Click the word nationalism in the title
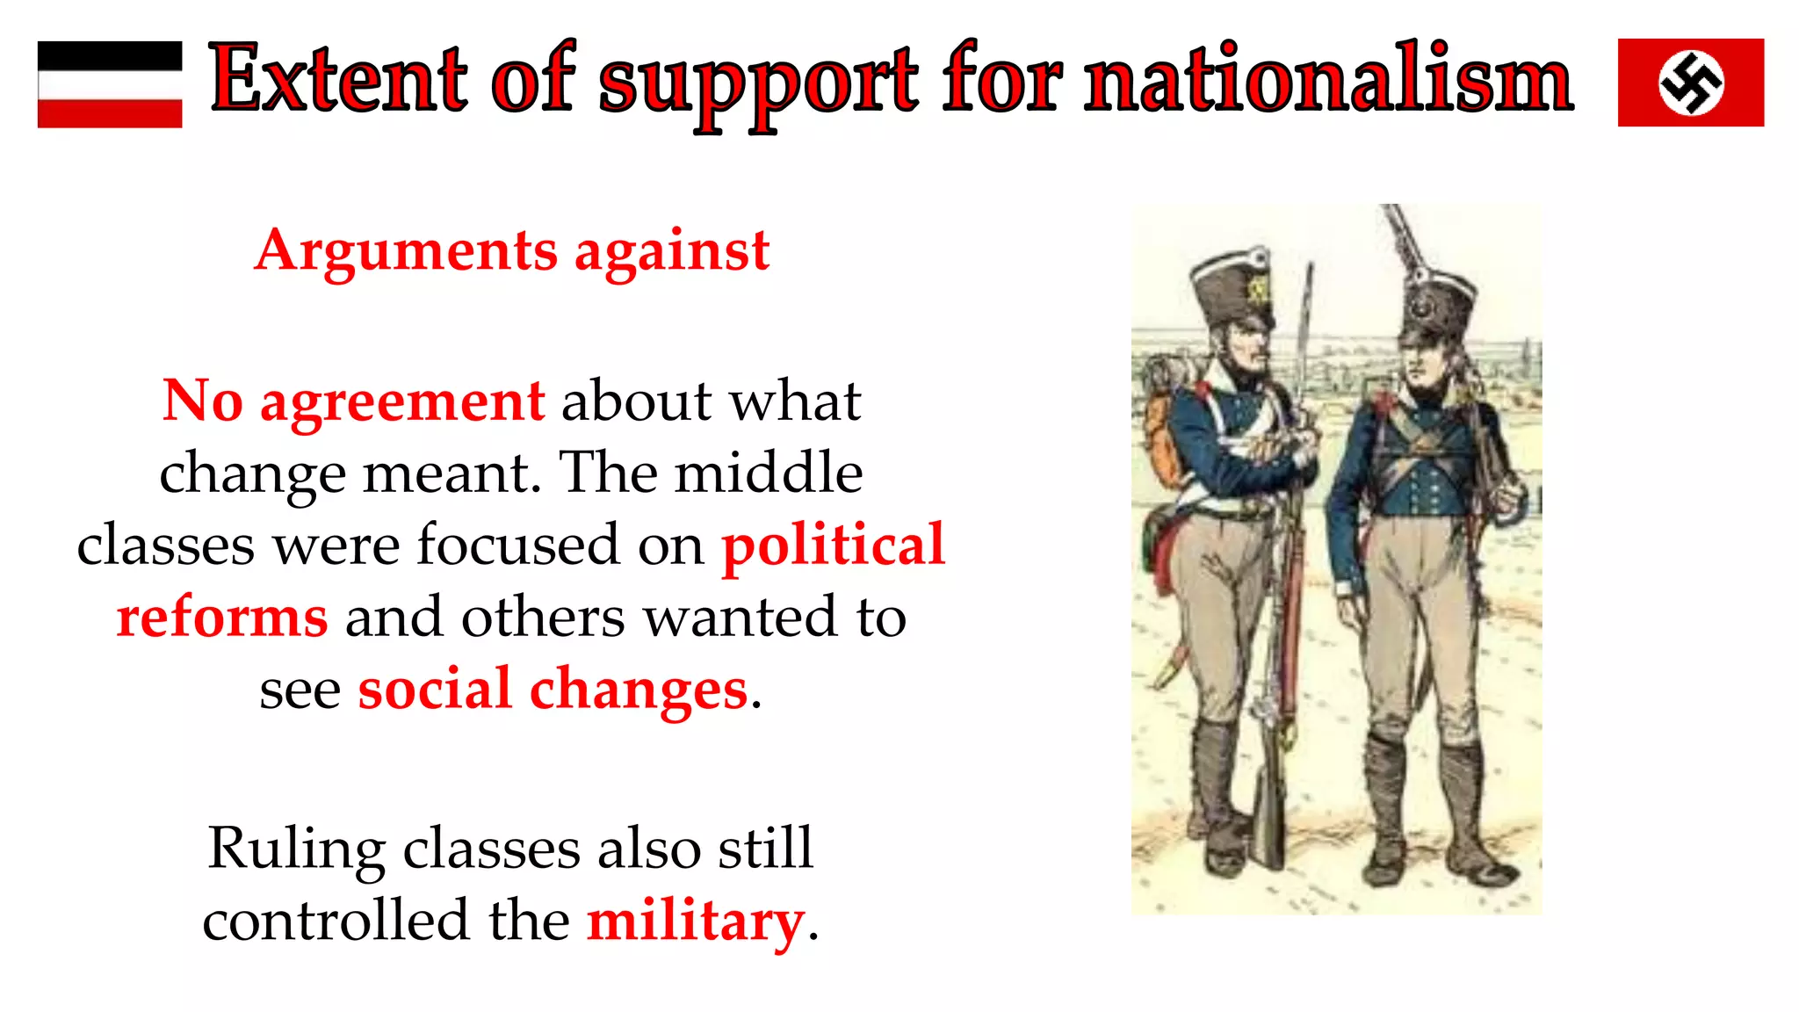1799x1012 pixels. coord(1328,81)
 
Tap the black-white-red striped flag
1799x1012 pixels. coord(110,84)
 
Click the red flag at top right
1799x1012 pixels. coord(1690,83)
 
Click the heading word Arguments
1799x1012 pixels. coord(406,251)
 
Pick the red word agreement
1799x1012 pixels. coord(402,401)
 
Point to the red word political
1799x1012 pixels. coord(833,546)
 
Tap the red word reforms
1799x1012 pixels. coord(222,618)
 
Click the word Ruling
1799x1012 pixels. coord(296,849)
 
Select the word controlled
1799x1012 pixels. coord(336,922)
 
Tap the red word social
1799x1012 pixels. coord(435,690)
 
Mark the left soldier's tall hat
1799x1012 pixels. coord(1232,289)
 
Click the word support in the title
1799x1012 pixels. coord(758,84)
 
